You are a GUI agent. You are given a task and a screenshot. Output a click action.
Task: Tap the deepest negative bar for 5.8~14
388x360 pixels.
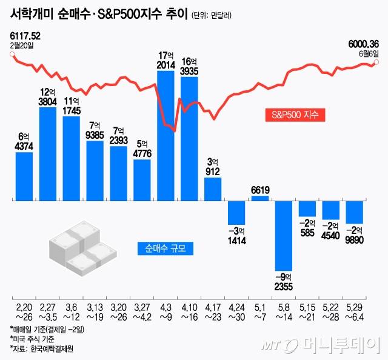tap(284, 235)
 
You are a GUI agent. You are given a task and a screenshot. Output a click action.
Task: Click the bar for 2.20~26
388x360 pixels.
tap(24, 176)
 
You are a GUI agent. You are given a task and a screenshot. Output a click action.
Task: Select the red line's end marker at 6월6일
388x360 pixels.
tap(377, 62)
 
